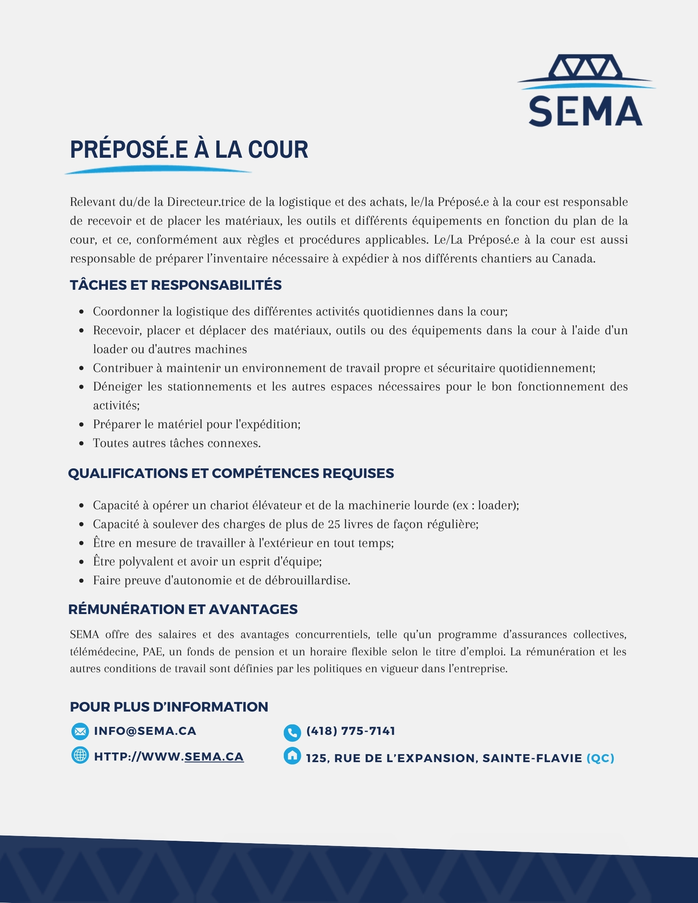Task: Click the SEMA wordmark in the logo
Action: [585, 111]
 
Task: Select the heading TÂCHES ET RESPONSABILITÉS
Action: [176, 285]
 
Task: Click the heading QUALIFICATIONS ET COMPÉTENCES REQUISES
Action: [231, 474]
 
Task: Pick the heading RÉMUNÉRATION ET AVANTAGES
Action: [183, 610]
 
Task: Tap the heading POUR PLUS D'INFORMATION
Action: [169, 707]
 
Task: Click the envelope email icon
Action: [80, 731]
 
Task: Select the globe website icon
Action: [80, 755]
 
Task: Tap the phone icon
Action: [292, 733]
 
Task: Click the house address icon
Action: [292, 756]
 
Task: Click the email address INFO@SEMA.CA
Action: [145, 731]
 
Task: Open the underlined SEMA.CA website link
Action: [214, 757]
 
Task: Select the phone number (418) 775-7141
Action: [351, 731]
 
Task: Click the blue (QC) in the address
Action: [600, 758]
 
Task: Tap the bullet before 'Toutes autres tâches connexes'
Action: [81, 443]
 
